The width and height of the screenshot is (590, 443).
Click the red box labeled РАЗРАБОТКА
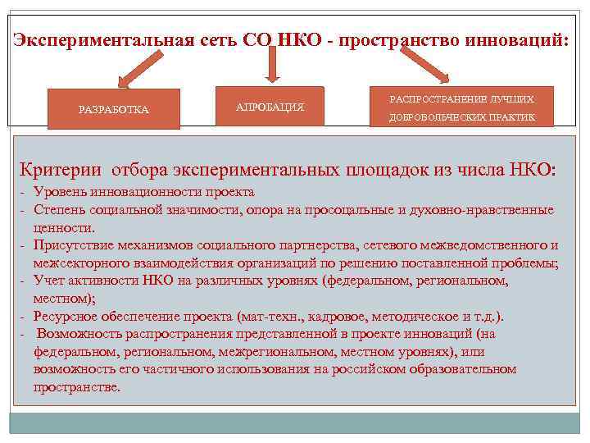click(x=113, y=109)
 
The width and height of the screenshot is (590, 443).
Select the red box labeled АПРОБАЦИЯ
click(x=270, y=107)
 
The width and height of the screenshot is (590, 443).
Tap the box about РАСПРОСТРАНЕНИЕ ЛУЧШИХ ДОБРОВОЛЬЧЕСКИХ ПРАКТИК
click(x=461, y=107)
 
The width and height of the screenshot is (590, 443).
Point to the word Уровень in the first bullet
click(x=57, y=192)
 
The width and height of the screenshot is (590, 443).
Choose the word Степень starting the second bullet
click(x=59, y=210)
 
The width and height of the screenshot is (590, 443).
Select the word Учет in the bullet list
click(x=48, y=281)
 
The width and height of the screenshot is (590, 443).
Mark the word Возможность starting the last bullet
click(x=79, y=334)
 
